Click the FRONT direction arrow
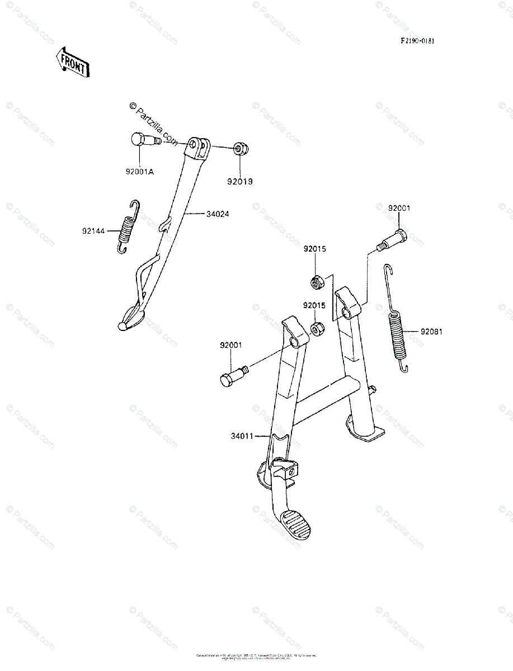(x=72, y=62)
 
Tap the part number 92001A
(x=140, y=171)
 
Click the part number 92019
(x=240, y=181)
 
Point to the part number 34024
(x=218, y=214)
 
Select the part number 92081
(x=432, y=331)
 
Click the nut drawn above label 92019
(x=241, y=149)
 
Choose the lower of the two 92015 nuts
(x=318, y=328)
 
